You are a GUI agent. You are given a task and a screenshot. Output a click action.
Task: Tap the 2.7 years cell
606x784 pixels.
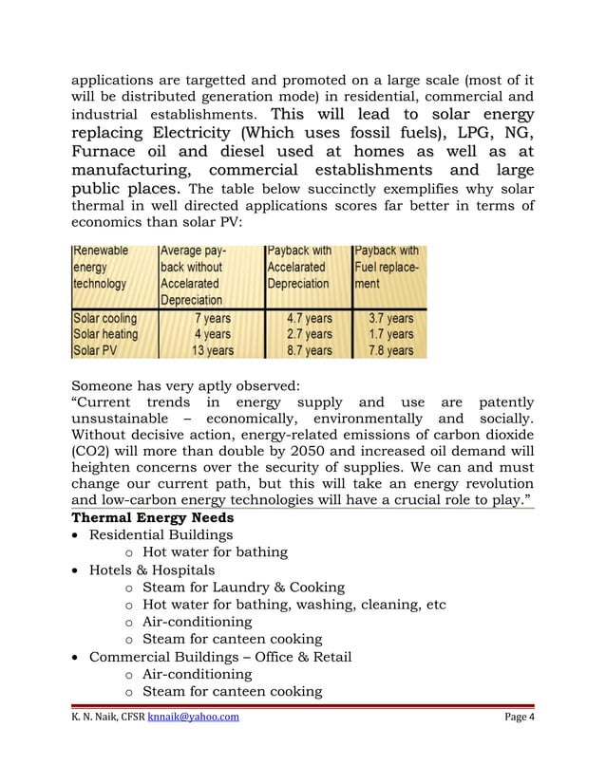309,334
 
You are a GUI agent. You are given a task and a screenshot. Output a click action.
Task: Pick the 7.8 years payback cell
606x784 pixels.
389,350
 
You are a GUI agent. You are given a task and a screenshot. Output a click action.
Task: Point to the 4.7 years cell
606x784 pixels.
309,318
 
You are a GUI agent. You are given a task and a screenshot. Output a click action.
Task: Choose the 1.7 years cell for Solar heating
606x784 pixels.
389,334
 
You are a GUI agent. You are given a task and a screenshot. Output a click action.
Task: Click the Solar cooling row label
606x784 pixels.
105,318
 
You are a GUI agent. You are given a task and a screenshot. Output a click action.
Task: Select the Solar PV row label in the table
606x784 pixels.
96,350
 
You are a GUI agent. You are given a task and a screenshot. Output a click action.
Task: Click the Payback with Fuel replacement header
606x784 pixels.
387,268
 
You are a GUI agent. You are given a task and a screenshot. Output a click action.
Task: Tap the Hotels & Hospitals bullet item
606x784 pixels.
151,570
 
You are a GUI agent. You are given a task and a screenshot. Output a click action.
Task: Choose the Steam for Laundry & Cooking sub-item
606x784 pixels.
243,588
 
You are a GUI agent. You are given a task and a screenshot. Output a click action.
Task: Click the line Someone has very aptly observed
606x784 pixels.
185,385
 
